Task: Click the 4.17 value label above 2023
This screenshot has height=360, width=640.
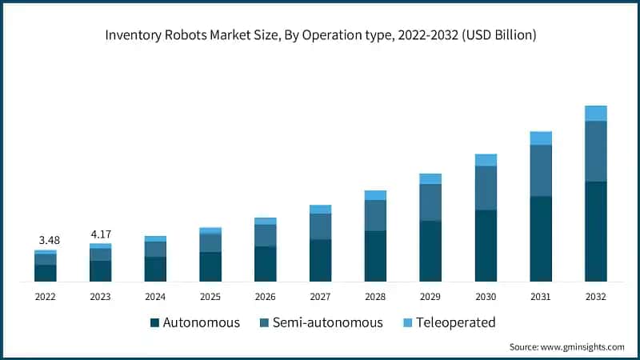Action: [101, 234]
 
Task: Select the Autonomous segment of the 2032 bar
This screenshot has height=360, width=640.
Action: [596, 231]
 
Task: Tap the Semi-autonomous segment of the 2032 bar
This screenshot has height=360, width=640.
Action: [596, 151]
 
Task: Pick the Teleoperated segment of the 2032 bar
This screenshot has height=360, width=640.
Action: [596, 113]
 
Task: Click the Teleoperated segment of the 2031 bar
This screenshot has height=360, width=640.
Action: [541, 138]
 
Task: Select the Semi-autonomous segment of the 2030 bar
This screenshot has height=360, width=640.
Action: [486, 188]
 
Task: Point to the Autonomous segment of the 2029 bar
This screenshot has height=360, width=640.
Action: [430, 251]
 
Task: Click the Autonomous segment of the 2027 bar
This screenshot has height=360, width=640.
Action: [321, 260]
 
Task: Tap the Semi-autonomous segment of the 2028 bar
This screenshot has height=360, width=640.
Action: [375, 215]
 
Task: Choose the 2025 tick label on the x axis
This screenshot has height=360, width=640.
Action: [210, 296]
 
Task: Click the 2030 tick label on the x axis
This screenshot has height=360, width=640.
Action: [486, 296]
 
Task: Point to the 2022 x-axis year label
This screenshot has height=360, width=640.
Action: [46, 296]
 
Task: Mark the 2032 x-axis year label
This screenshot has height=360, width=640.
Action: [596, 296]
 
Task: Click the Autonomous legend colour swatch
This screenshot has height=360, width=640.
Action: [154, 323]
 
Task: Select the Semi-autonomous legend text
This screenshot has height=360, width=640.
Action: [327, 323]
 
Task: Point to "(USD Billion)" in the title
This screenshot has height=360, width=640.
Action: [495, 36]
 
